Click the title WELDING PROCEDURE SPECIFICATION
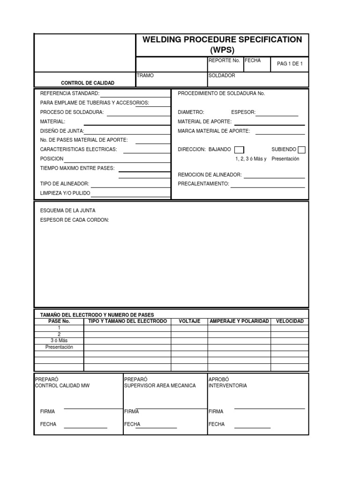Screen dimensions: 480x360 click(x=222, y=40)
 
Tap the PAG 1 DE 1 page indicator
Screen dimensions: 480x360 click(x=290, y=64)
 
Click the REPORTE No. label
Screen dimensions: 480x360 click(x=224, y=60)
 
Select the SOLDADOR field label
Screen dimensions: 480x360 click(x=222, y=75)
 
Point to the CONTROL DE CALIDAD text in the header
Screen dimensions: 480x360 click(x=87, y=83)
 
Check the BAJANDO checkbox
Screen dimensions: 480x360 click(x=239, y=150)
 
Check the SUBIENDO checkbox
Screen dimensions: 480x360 click(x=301, y=150)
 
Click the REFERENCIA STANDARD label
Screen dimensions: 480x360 click(x=70, y=94)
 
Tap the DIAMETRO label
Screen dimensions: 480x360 click(x=191, y=112)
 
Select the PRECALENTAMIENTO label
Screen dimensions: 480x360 click(x=203, y=184)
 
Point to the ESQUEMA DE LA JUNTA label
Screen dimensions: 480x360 click(x=68, y=211)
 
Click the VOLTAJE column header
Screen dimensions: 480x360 click(x=189, y=321)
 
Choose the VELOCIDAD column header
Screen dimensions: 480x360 click(x=290, y=321)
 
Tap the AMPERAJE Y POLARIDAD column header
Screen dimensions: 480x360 click(x=239, y=321)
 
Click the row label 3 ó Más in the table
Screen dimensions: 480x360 click(x=59, y=341)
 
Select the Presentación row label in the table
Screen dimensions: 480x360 click(x=59, y=347)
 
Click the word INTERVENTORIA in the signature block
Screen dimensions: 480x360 click(x=228, y=386)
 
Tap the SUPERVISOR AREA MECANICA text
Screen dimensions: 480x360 click(x=160, y=386)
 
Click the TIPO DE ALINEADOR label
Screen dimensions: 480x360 click(x=65, y=184)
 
